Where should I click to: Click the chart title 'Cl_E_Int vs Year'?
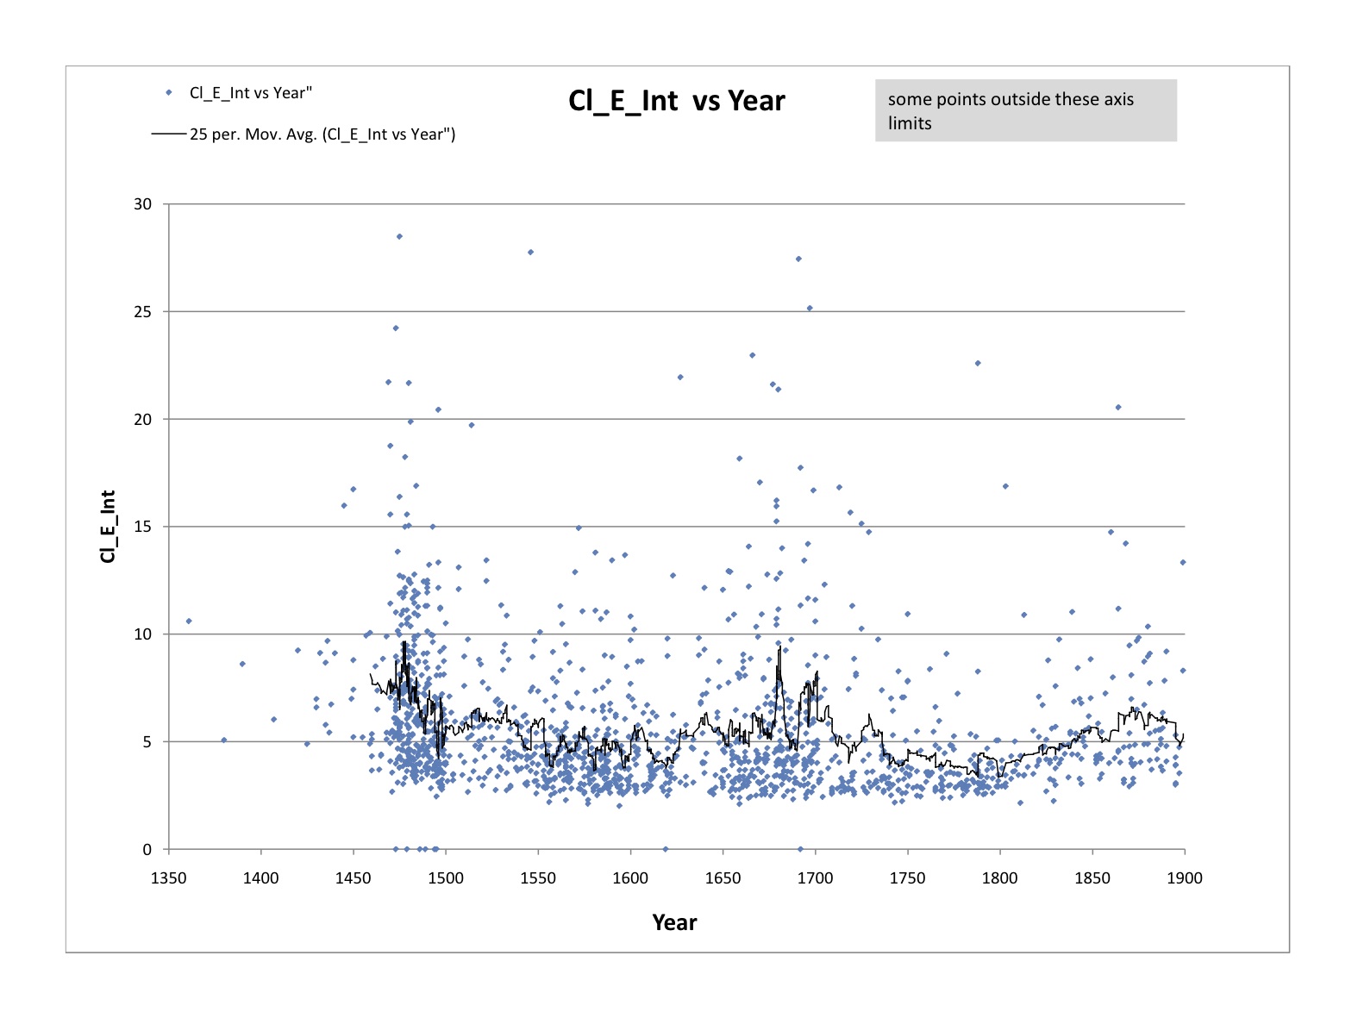pos(676,101)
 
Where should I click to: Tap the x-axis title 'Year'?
pos(674,922)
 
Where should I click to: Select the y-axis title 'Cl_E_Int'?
pos(108,526)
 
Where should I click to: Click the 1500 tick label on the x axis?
pos(446,878)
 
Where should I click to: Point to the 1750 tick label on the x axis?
pos(907,878)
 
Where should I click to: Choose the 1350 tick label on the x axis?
pos(169,878)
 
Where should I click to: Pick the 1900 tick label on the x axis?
pos(1185,878)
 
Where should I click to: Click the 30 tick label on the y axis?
pos(142,204)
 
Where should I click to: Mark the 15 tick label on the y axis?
pos(142,527)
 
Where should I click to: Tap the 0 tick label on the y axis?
pos(147,850)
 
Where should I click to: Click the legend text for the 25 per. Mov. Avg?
pos(322,134)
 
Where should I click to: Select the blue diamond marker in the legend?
pos(169,93)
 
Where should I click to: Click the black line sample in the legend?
pos(169,134)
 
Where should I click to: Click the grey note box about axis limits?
pos(1025,110)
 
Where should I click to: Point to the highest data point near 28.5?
pos(399,236)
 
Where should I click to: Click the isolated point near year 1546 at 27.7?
pos(530,252)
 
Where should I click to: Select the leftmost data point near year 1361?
pos(189,621)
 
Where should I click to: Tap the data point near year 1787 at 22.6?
pos(978,363)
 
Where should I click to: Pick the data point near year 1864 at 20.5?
pos(1118,407)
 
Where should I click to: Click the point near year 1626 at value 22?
pos(680,377)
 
